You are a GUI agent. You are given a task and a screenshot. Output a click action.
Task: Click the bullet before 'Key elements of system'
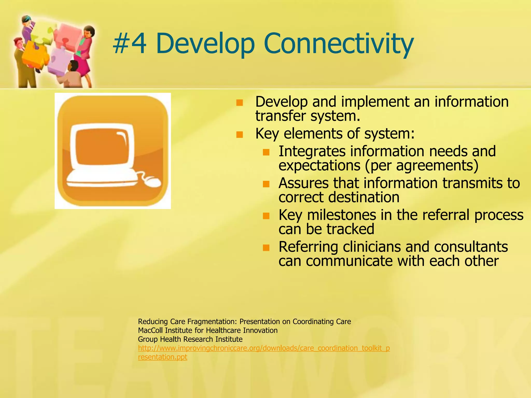click(240, 135)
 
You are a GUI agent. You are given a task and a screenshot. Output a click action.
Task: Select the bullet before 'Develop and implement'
click(240, 103)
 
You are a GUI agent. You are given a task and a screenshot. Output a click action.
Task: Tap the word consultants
click(471, 247)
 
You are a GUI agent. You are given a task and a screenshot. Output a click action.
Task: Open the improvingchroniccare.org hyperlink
click(264, 348)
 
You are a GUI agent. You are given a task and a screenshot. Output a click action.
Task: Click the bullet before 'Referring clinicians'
click(266, 248)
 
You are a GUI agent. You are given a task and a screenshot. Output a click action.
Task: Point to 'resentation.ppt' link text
click(163, 357)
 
